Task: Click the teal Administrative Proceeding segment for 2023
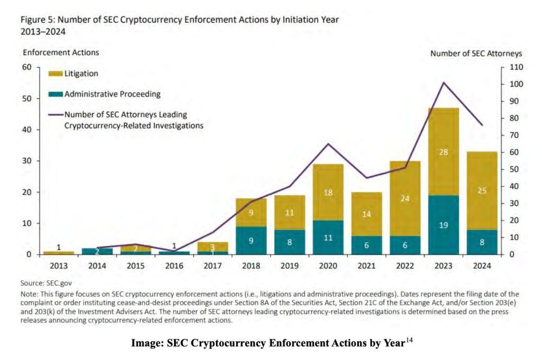444,225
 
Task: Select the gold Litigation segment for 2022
405,199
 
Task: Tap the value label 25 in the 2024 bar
482,190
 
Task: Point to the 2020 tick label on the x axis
328,265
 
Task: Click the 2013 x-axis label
59,265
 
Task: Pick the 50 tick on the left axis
26,98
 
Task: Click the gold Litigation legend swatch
56,74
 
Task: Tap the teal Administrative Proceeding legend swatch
56,95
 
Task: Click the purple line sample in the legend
56,114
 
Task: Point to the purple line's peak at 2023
444,83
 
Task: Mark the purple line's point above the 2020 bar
328,144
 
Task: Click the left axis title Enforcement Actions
60,52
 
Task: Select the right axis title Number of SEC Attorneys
476,53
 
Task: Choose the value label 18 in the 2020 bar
328,193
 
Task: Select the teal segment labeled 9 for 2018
250,240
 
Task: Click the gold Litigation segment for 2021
366,214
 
